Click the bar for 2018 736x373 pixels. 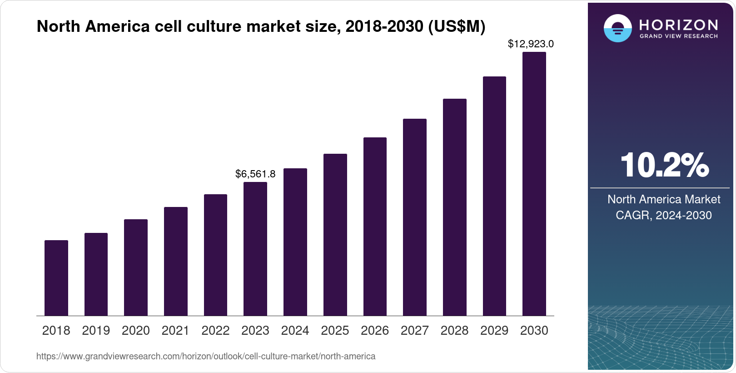point(56,278)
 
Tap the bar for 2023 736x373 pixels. point(255,249)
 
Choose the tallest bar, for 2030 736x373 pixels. point(534,184)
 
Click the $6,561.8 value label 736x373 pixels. point(255,174)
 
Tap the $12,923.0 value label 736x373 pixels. point(531,44)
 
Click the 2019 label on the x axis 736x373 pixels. point(96,331)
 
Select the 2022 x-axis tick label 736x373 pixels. point(215,331)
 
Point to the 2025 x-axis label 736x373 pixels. point(335,331)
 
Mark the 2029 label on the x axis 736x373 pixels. point(494,331)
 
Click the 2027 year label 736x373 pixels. point(415,331)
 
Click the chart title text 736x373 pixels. point(261,27)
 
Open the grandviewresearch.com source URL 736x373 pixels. point(206,356)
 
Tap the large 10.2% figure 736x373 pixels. point(664,165)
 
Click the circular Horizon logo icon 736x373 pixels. point(617,28)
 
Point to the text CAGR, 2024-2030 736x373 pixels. point(664,215)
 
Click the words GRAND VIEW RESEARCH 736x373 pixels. point(678,36)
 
